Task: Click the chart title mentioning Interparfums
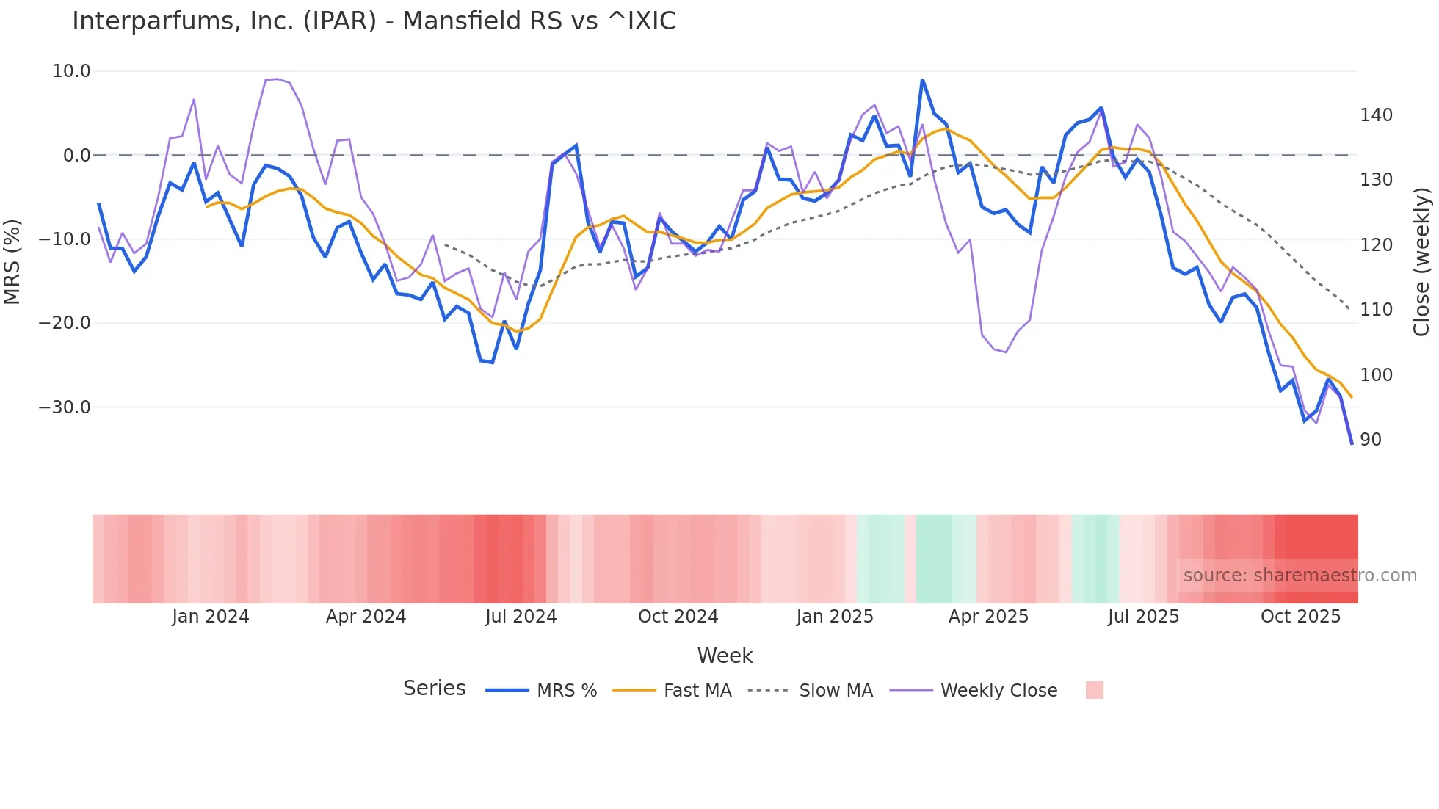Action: point(374,21)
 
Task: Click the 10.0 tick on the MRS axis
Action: point(71,71)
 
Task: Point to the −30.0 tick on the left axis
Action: point(65,407)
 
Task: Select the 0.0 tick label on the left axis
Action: point(76,156)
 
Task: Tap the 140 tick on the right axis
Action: point(1376,115)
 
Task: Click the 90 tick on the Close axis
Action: point(1371,440)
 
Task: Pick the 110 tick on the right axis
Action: point(1376,310)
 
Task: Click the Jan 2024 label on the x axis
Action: point(211,617)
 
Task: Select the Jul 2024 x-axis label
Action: point(521,617)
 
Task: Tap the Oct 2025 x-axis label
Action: point(1300,617)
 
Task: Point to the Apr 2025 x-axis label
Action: point(988,617)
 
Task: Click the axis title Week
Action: point(725,656)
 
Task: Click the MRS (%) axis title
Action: point(12,261)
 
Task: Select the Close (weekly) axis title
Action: point(1421,261)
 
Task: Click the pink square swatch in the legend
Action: point(1094,690)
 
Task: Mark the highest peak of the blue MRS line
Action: point(922,80)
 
